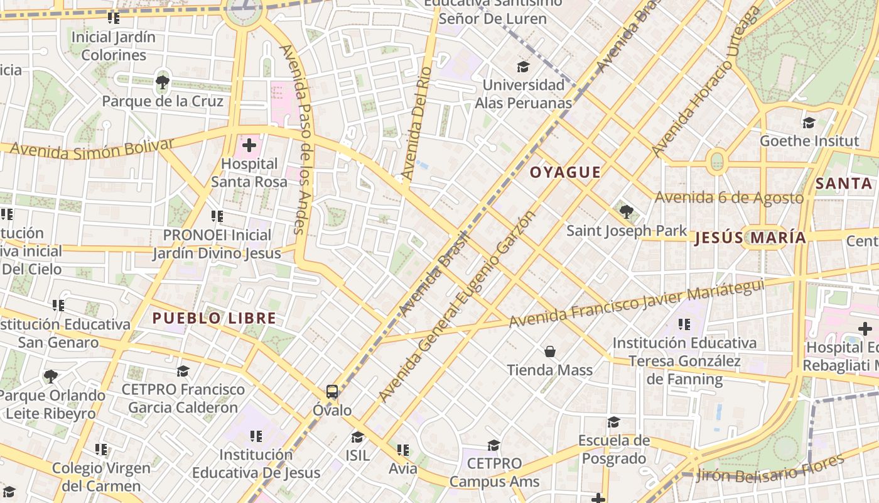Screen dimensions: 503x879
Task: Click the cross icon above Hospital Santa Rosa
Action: (x=249, y=146)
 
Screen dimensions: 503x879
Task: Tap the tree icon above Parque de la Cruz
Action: (x=163, y=81)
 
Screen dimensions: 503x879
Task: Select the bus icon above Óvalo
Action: (x=332, y=392)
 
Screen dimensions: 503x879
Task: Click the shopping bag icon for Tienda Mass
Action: (x=550, y=351)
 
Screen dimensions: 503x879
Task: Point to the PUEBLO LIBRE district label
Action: (x=214, y=318)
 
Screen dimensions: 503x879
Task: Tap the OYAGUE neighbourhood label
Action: (x=565, y=172)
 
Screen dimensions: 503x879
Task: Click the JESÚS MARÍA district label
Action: (x=750, y=238)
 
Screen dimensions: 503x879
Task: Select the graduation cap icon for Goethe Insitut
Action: (x=809, y=123)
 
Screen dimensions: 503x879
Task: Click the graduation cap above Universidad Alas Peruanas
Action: (x=523, y=67)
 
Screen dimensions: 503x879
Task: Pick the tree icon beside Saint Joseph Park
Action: (x=626, y=211)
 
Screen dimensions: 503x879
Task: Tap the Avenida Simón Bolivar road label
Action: (x=92, y=148)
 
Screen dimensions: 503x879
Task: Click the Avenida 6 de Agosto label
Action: (x=729, y=198)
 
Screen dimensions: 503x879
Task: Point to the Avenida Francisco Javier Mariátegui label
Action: (x=637, y=304)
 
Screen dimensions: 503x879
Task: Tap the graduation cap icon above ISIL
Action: (x=357, y=437)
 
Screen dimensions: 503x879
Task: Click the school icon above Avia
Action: (x=403, y=450)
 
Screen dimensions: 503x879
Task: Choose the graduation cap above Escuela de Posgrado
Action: (x=613, y=422)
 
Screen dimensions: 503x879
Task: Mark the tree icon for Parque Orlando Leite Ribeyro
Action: (x=51, y=377)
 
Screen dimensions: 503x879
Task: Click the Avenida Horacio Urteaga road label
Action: (x=705, y=82)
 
